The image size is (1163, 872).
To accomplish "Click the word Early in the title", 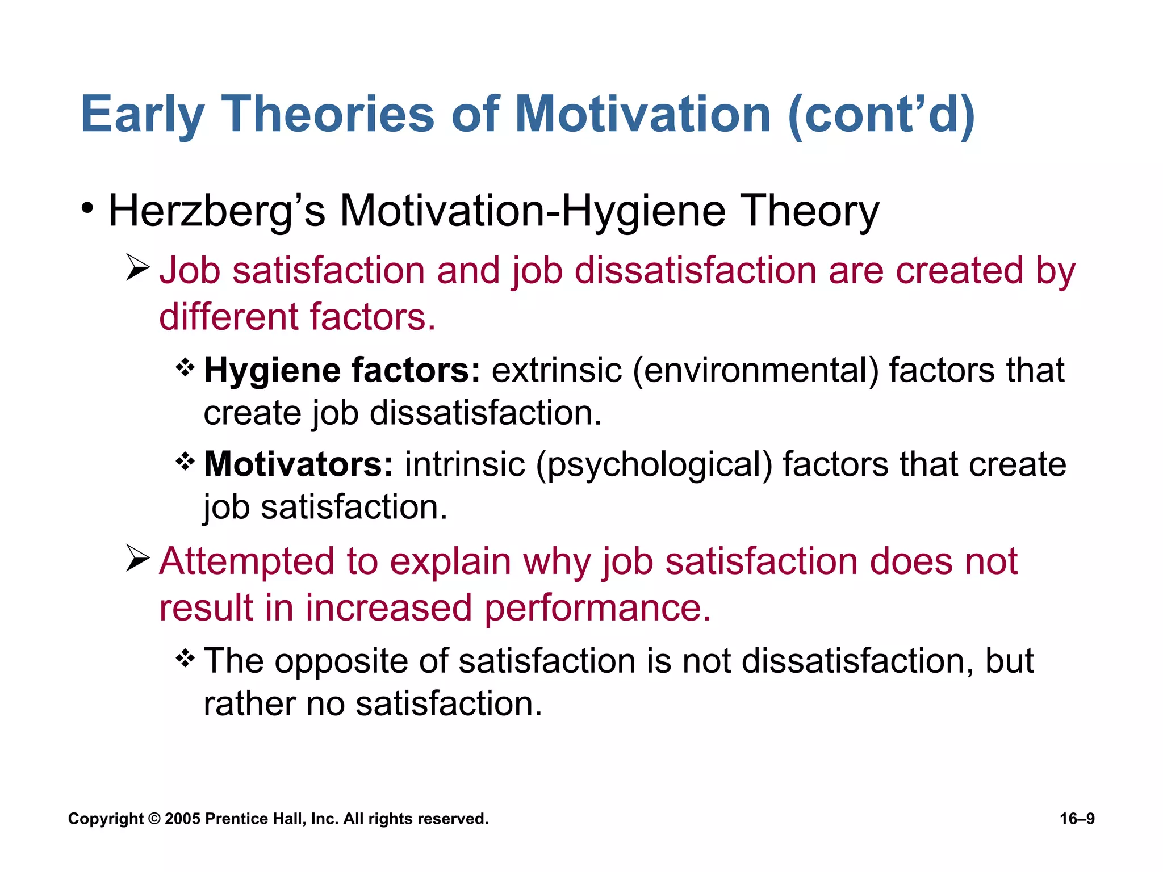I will click(142, 115).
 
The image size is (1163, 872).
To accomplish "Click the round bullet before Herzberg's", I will click(87, 208).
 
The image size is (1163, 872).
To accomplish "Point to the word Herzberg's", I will click(217, 211).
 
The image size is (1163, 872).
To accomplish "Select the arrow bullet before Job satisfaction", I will click(137, 267).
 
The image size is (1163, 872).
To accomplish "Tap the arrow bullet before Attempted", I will click(137, 558).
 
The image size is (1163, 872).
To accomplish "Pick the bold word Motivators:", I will click(298, 464).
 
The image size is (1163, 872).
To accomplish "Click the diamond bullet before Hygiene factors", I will click(185, 368).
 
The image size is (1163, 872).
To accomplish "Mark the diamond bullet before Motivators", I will click(185, 462).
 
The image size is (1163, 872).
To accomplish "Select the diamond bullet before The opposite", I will click(185, 659).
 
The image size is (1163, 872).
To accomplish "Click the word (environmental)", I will click(755, 371).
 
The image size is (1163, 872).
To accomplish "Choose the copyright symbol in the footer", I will click(154, 819).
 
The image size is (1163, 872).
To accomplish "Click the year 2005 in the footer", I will click(182, 819).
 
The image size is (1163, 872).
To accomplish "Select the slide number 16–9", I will click(1077, 819).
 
